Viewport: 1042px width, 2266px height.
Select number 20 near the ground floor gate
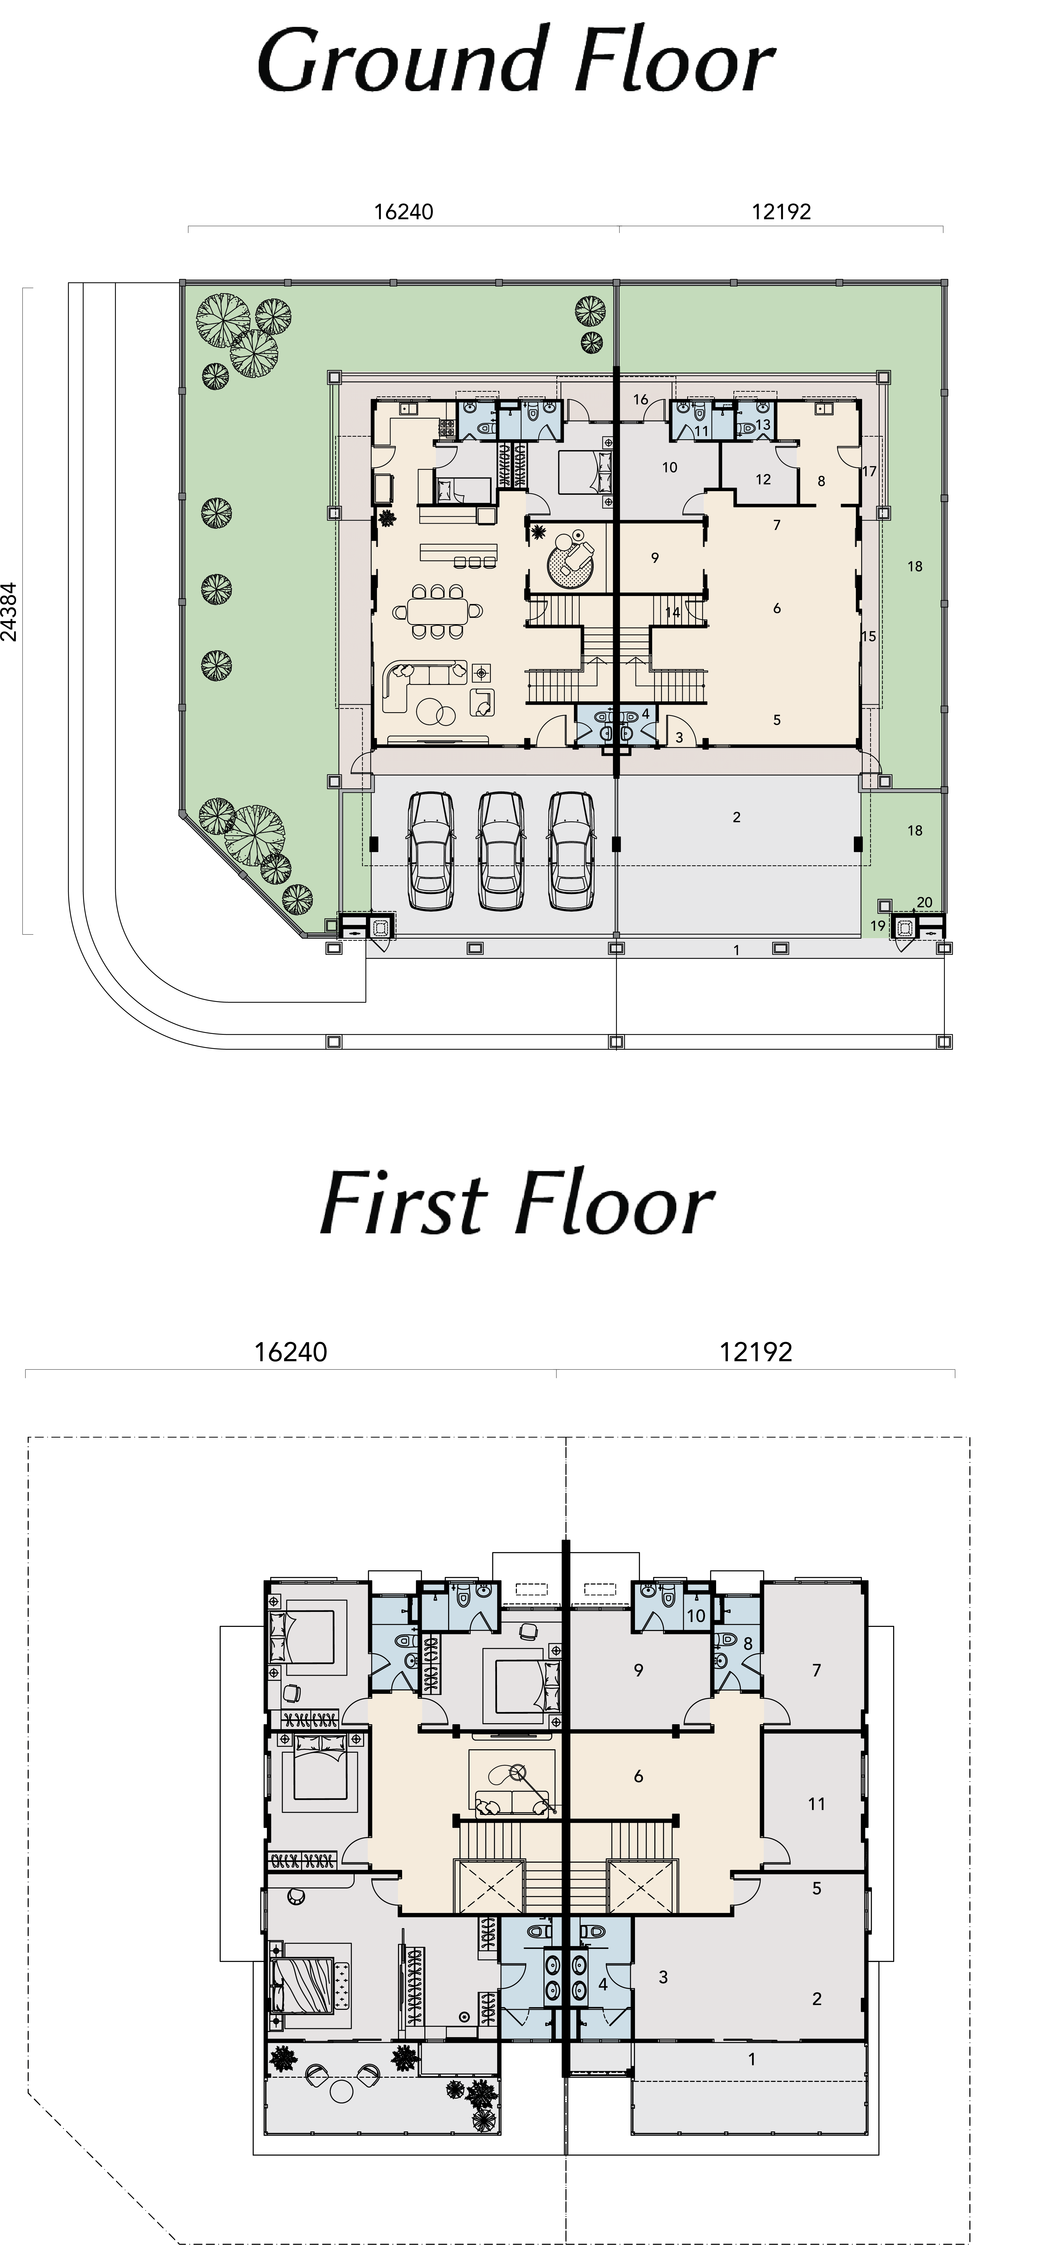click(x=924, y=902)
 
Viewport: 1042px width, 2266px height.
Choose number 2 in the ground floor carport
click(x=737, y=817)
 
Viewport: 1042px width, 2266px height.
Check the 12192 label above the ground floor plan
click(x=782, y=211)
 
